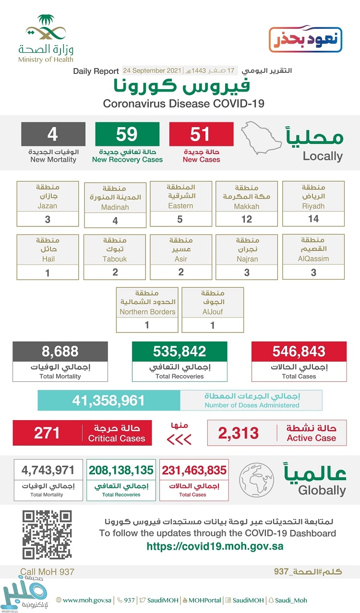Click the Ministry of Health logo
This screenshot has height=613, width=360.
pos(46,38)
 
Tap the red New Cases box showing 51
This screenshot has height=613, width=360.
pos(201,134)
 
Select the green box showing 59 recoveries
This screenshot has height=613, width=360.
pos(127,134)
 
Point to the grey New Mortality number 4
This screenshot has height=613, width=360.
pos(53,134)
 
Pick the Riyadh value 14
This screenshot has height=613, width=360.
pos(313,219)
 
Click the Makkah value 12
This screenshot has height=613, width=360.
pos(247,219)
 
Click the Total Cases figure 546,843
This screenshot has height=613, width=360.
pos(299,352)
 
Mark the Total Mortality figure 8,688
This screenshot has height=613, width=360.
pos(60,352)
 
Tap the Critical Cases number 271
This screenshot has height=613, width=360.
pos(47,433)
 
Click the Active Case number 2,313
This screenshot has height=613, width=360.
pos(239,433)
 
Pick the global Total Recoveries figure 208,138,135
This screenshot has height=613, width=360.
pos(121,470)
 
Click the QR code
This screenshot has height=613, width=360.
pos(47,535)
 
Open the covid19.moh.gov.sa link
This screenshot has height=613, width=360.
pos(215,546)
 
